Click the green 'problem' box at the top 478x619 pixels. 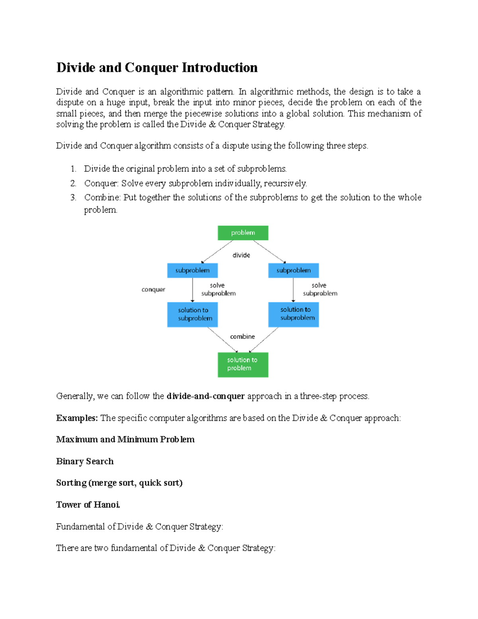click(243, 233)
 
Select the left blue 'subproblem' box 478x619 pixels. click(192, 270)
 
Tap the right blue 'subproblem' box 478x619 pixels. click(294, 270)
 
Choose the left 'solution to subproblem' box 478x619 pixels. click(192, 314)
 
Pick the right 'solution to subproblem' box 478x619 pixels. click(294, 314)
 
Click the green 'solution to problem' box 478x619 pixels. click(243, 364)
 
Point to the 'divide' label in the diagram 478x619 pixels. click(241, 255)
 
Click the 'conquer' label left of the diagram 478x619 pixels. click(153, 289)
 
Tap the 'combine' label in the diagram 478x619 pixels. click(242, 336)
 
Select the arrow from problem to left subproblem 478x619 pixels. click(217, 252)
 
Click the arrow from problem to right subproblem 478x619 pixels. click(269, 252)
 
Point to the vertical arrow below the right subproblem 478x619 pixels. click(293, 290)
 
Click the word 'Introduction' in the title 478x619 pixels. click(219, 68)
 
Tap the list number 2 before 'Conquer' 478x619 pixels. click(73, 183)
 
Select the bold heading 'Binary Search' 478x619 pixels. click(85, 461)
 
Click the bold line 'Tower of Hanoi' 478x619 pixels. click(88, 505)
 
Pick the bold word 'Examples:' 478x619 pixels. click(77, 418)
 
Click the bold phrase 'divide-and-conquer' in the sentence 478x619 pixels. click(206, 396)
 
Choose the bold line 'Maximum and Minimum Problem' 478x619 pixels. click(125, 439)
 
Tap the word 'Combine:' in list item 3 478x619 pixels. click(102, 197)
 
